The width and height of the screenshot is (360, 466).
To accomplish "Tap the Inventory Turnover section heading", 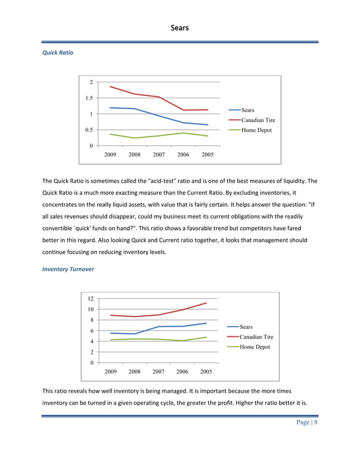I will (68, 269).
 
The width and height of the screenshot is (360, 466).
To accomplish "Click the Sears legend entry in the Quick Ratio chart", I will (248, 110).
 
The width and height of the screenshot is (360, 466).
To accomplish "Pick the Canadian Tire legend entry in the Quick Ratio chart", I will (258, 120).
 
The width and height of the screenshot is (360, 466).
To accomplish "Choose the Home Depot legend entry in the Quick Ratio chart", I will (256, 130).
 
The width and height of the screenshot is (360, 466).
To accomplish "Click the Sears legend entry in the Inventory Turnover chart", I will (246, 327).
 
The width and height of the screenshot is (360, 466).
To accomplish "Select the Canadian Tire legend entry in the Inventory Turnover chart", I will (256, 337).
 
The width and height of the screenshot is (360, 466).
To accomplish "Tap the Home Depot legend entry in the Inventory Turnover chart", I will (254, 347).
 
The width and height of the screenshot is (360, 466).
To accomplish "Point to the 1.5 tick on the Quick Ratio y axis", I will (89, 98).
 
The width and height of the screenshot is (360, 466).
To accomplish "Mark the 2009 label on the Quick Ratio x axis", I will (111, 155).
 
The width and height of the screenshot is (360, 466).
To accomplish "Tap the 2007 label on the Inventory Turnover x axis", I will (159, 372).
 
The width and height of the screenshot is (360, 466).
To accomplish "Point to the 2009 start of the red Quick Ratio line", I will (110, 86).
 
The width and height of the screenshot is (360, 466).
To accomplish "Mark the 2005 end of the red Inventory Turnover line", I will (207, 303).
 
